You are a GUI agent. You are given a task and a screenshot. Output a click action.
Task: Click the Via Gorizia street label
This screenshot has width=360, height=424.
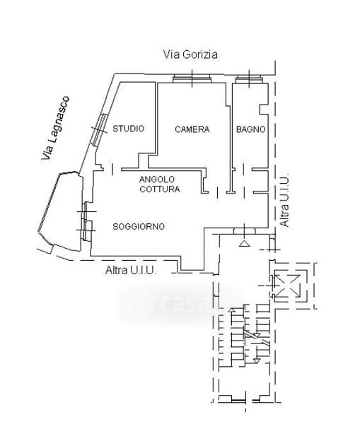190,54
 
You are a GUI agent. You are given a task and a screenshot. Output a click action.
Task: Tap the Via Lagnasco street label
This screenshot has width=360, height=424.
55,128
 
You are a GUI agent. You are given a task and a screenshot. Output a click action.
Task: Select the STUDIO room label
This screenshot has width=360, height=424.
128,129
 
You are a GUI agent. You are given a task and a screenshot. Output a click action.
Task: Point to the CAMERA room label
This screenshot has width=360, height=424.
192,129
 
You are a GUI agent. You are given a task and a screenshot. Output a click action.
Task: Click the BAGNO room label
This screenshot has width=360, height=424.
250,129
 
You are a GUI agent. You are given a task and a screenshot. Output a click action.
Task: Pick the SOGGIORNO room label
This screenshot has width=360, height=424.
139,227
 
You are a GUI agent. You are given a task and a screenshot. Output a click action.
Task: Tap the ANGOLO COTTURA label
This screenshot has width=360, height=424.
160,184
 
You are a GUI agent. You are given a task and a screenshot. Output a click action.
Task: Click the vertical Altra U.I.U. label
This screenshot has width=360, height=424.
284,200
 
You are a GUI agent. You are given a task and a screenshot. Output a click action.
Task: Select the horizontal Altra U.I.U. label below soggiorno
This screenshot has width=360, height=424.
131,270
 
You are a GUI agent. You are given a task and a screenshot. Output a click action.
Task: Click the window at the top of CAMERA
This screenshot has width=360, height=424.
192,78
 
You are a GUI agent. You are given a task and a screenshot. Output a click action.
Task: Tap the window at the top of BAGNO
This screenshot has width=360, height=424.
249,79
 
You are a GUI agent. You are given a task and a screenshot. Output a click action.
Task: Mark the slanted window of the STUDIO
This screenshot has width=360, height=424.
99,130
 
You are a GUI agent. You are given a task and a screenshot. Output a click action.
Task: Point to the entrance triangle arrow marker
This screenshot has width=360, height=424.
244,243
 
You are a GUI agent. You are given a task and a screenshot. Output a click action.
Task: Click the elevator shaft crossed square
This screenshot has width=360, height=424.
287,285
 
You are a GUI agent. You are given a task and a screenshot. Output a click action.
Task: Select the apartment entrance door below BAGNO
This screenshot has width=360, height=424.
245,230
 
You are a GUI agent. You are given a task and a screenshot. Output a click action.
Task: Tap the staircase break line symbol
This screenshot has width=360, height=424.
257,338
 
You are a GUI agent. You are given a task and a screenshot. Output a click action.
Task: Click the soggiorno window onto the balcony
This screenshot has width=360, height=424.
86,221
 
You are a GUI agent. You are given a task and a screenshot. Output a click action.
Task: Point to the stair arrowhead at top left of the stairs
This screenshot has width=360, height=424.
231,310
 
